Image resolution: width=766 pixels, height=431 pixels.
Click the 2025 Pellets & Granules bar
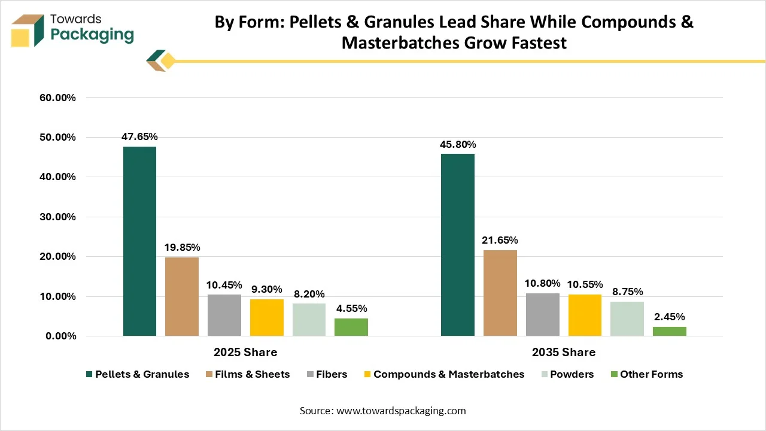tap(139, 241)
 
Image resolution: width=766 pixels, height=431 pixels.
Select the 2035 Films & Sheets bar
tap(500, 293)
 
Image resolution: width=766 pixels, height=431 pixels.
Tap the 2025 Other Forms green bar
tap(351, 327)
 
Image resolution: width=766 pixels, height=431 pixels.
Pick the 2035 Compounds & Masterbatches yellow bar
tap(585, 315)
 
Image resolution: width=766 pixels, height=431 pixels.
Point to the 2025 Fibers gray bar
tap(224, 315)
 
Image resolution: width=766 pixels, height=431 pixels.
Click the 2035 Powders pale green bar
tap(627, 319)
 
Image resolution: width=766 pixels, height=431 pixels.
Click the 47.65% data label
tap(139, 137)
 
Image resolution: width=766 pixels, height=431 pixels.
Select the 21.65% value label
tap(500, 241)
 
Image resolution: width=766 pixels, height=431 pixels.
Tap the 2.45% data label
tap(670, 317)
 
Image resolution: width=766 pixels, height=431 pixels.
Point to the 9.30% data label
tap(267, 289)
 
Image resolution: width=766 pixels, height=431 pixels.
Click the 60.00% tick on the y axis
tap(57, 98)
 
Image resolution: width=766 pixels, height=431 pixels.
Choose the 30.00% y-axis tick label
tap(57, 217)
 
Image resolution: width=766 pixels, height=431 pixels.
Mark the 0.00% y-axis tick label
tap(60, 336)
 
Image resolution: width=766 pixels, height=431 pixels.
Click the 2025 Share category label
tap(245, 353)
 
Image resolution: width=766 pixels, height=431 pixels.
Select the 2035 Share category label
tap(564, 353)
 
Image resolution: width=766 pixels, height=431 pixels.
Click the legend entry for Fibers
tap(327, 374)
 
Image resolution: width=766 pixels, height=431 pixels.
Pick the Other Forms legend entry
tap(647, 374)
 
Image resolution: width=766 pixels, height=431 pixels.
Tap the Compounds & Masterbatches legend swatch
tap(367, 374)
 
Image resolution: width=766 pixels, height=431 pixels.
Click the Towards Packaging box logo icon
tap(28, 31)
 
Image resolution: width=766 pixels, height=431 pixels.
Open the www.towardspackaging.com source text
tap(401, 411)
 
